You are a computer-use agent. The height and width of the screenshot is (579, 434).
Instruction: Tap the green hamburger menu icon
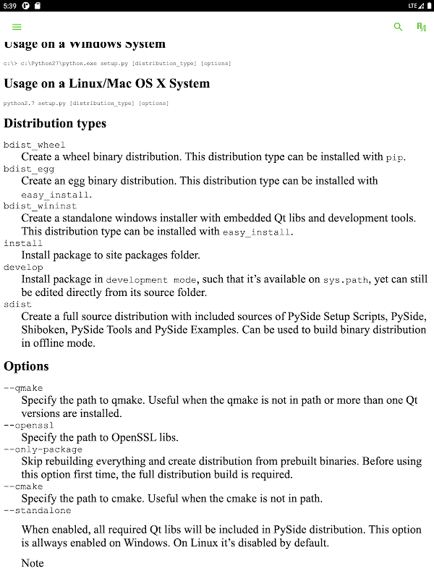(17, 27)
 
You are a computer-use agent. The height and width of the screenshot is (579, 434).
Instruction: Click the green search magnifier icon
(398, 27)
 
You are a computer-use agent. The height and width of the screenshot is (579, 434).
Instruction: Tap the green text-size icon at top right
(421, 27)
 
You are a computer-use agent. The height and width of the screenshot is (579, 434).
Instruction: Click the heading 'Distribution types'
(55, 123)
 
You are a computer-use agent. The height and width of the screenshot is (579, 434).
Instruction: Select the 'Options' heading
(27, 366)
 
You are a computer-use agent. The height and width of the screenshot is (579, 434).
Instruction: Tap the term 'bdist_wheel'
(35, 145)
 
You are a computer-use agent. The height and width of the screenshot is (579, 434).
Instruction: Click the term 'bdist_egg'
(29, 169)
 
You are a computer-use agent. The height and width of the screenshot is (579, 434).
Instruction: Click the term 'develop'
(23, 267)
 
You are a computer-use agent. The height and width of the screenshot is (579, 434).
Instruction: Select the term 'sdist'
(17, 305)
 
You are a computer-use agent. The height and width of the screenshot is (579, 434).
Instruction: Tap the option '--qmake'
(24, 387)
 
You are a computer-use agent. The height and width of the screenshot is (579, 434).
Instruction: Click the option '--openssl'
(29, 425)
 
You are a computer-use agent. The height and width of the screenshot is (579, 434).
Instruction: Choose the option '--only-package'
(43, 449)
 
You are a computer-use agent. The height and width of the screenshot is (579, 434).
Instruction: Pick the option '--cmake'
(24, 486)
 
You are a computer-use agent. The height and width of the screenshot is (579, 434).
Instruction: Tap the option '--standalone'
(38, 510)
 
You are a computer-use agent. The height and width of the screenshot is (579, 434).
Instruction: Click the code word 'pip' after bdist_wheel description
(395, 157)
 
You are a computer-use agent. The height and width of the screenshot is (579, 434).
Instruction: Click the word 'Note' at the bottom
(33, 563)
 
